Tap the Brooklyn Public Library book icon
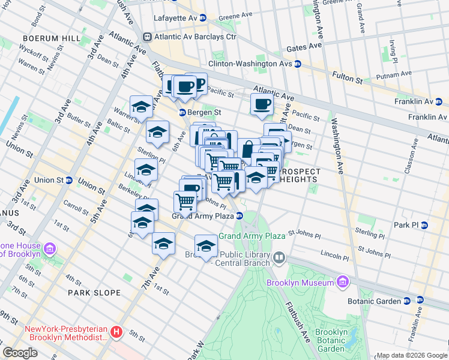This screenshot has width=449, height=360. (279, 259)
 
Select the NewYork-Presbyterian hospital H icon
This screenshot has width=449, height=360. (117, 331)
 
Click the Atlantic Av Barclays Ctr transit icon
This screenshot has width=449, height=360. (146, 37)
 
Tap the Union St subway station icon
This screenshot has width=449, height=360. (69, 180)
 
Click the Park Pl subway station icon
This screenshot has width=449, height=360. (424, 225)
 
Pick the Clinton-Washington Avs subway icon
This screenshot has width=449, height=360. (297, 64)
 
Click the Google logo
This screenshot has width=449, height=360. (20, 353)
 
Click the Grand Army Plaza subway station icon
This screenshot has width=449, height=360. (239, 216)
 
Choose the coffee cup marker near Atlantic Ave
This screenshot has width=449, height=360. (262, 105)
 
